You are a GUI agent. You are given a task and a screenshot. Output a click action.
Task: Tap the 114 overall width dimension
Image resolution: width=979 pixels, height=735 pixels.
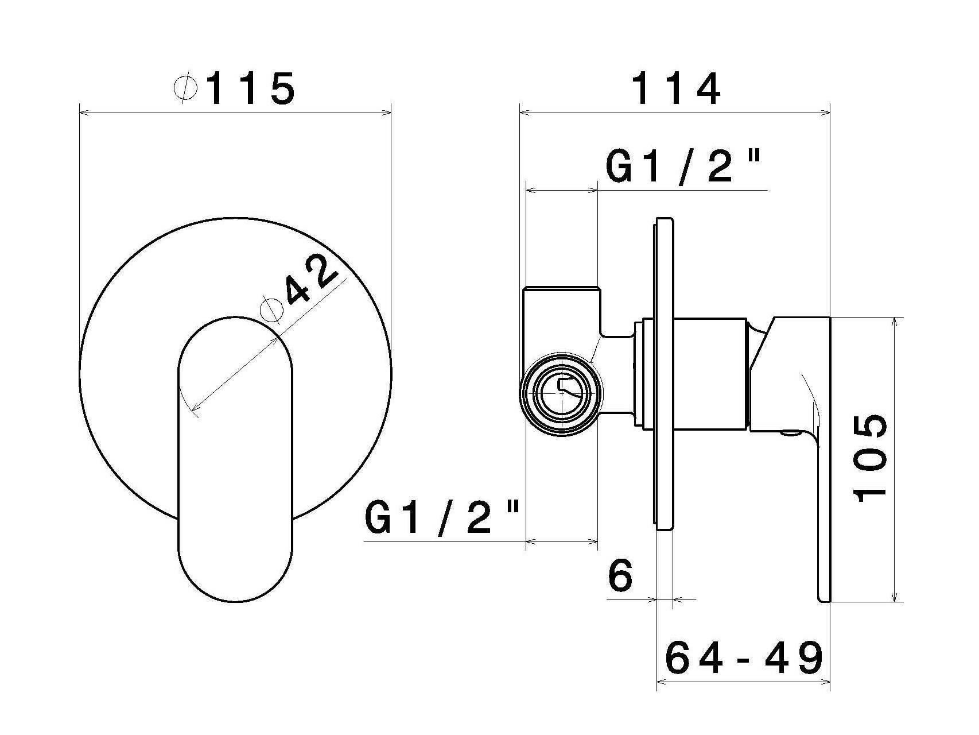tap(675, 89)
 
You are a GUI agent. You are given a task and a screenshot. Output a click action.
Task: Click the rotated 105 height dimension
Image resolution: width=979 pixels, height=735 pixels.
tap(871, 459)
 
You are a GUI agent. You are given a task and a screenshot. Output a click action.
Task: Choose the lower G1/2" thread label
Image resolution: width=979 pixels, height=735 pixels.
tap(442, 517)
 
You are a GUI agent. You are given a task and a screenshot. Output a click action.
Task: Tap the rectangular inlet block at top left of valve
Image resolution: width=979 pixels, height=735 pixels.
tap(561, 313)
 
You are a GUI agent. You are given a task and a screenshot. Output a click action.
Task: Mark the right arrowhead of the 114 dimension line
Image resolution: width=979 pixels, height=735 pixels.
tap(827, 113)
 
